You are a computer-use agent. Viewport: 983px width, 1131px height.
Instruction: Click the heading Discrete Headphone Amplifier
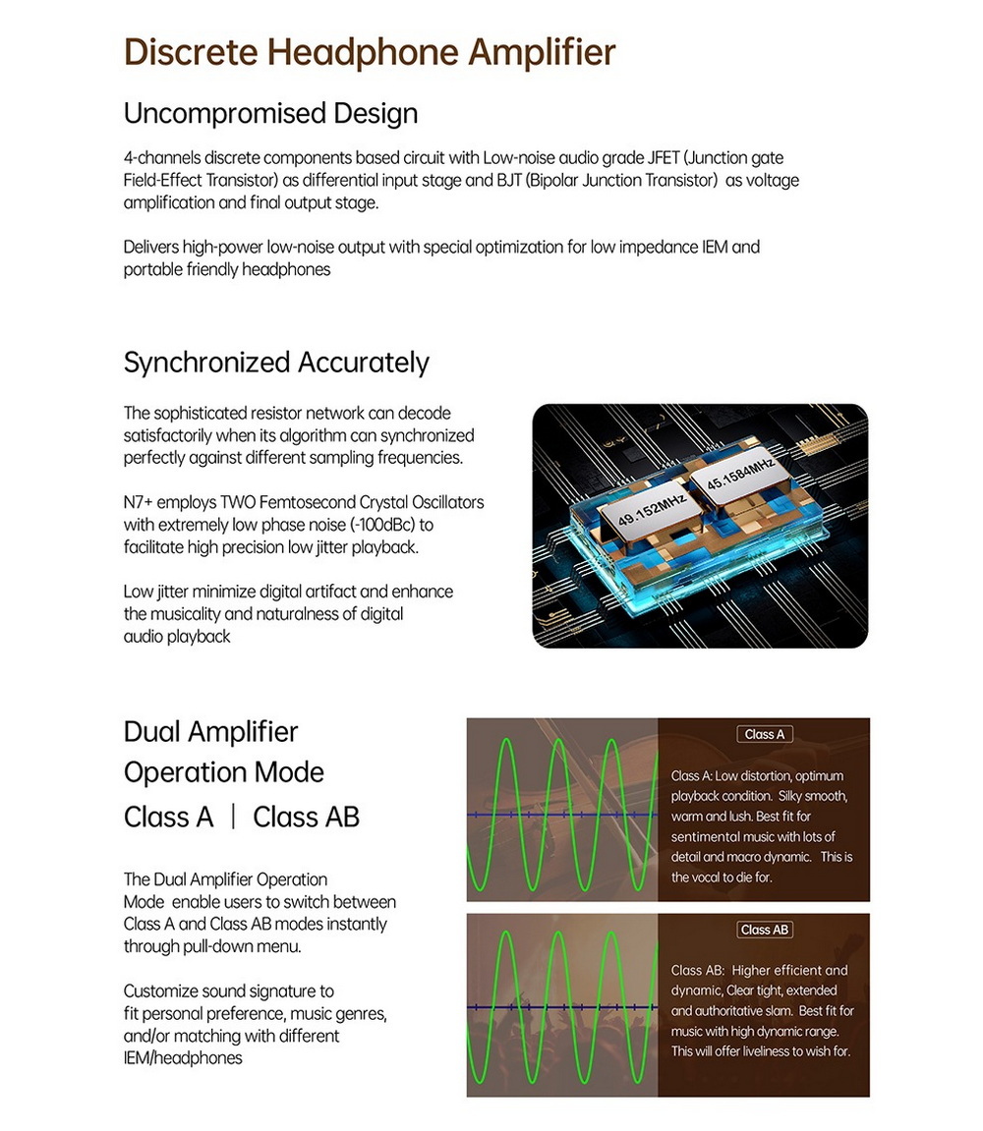tap(370, 52)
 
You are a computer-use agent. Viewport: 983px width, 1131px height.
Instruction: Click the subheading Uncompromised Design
tap(270, 113)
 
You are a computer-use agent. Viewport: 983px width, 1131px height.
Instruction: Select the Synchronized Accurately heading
tap(276, 363)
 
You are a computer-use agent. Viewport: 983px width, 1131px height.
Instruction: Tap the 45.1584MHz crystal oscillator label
tap(731, 475)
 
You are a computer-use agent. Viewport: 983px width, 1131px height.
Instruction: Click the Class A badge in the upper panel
tap(764, 734)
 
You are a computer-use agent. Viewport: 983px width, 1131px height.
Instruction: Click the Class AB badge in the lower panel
tap(764, 930)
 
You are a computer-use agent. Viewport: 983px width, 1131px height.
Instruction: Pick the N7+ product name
tap(138, 502)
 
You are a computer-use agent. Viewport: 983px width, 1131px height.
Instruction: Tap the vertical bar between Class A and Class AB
tap(233, 817)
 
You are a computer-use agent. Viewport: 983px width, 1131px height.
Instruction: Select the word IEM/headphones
tap(182, 1058)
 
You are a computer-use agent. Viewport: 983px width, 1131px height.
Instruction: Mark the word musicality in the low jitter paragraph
tap(187, 613)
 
